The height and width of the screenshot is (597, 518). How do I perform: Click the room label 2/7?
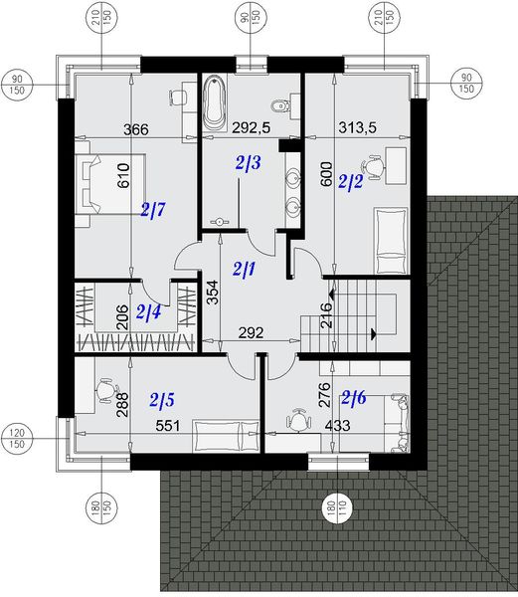pyautogui.click(x=153, y=210)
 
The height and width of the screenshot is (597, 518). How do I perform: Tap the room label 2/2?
pyautogui.click(x=351, y=182)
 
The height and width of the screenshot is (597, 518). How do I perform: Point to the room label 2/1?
pyautogui.click(x=244, y=268)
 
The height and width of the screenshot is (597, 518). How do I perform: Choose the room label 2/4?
pyautogui.click(x=148, y=313)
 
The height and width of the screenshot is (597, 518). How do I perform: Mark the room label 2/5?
pyautogui.click(x=162, y=400)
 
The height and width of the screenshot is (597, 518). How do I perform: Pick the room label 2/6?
pyautogui.click(x=354, y=398)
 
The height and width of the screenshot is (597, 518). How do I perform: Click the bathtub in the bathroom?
pyautogui.click(x=216, y=105)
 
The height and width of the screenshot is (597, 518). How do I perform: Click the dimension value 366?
pyautogui.click(x=136, y=129)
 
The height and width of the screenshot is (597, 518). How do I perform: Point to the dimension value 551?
pyautogui.click(x=165, y=425)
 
